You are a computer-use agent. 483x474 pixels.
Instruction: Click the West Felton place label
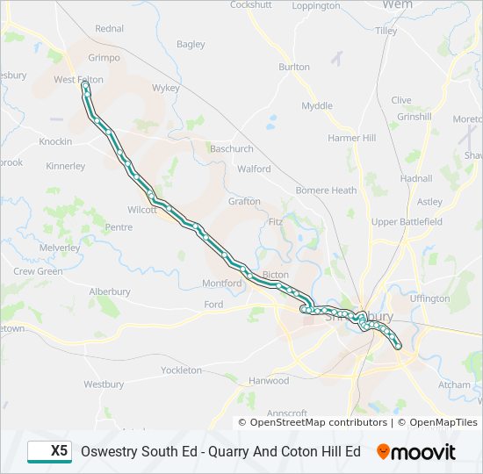point(78,80)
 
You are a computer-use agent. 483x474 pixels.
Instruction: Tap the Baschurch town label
point(231,149)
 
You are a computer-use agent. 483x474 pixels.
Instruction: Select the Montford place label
point(221,284)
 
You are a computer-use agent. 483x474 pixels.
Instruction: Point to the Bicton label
point(275,275)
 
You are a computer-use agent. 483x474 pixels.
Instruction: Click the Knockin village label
point(54,141)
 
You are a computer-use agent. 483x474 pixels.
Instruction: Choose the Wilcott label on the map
point(141,211)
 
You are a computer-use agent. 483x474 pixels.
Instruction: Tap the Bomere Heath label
point(326,190)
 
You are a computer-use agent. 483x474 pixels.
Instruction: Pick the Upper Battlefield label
point(407,222)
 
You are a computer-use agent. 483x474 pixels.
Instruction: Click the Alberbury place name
point(109,291)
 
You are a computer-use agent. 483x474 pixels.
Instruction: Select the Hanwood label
point(269,381)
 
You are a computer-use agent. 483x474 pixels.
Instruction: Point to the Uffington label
point(429,298)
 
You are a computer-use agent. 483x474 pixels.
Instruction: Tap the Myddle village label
point(317,106)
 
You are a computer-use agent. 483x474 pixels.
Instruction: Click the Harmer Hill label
point(351,139)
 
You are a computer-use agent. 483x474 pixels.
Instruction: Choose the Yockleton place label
point(182,370)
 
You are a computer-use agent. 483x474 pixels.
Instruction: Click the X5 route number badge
point(50,451)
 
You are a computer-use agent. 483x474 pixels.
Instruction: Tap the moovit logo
point(416,452)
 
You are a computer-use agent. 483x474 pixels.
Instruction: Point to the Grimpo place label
point(104,58)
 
